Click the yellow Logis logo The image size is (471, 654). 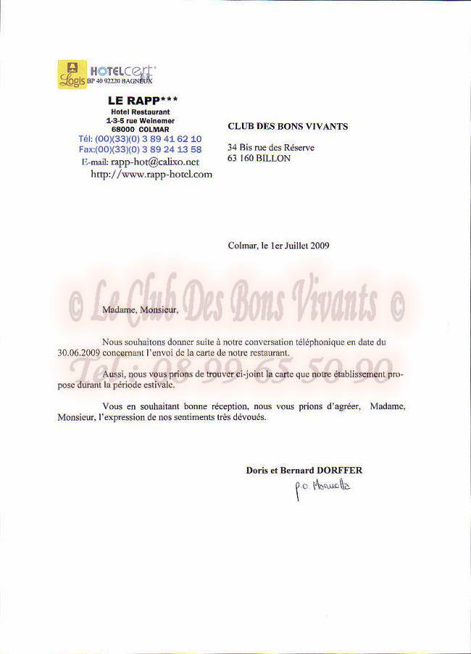tap(72, 74)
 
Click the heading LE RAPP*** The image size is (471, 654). tap(142, 101)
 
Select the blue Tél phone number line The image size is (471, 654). tap(140, 138)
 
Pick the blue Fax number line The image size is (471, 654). tap(140, 149)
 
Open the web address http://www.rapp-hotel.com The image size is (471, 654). tap(151, 174)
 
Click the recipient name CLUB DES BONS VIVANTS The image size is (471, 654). tap(288, 126)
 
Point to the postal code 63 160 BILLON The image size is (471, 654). tap(259, 157)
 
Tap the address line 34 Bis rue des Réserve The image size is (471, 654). tap(271, 147)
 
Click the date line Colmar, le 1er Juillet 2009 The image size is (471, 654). tap(279, 246)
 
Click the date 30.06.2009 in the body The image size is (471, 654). tap(80, 352)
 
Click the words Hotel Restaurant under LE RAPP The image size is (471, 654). tap(141, 112)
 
